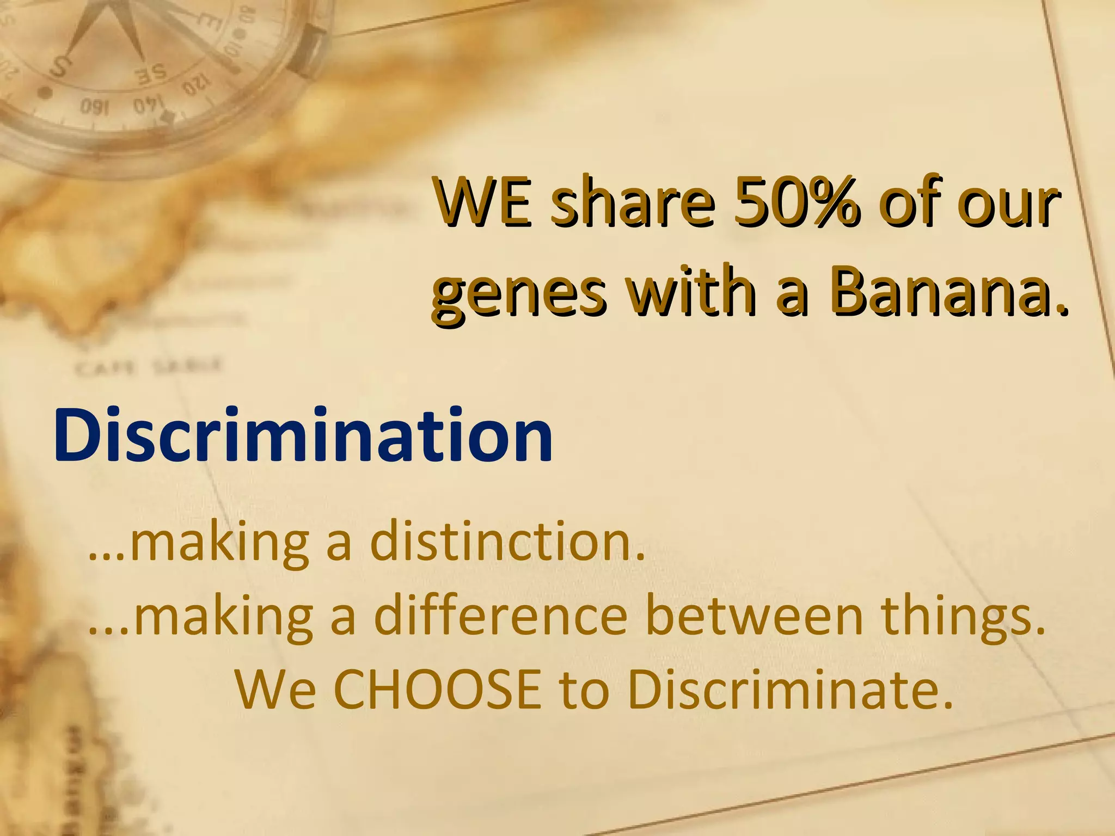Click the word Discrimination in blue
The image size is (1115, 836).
pyautogui.click(x=303, y=437)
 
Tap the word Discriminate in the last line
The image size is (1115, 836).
pyautogui.click(x=790, y=690)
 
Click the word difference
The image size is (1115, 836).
pyautogui.click(x=501, y=616)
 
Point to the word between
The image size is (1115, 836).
pyautogui.click(x=754, y=616)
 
